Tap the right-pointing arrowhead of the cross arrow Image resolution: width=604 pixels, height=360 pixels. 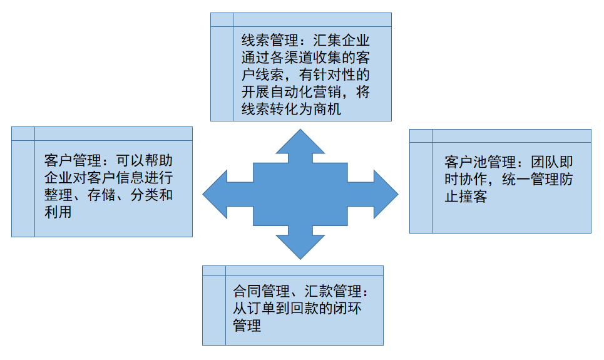tap(382, 194)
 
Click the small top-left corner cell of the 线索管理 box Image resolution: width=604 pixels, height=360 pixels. tap(222, 19)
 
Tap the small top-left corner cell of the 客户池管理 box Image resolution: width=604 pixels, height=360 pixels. tap(421, 135)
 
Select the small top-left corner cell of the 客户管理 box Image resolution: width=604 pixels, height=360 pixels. tap(23, 133)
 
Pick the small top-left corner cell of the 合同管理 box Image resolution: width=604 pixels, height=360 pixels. tap(214, 270)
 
